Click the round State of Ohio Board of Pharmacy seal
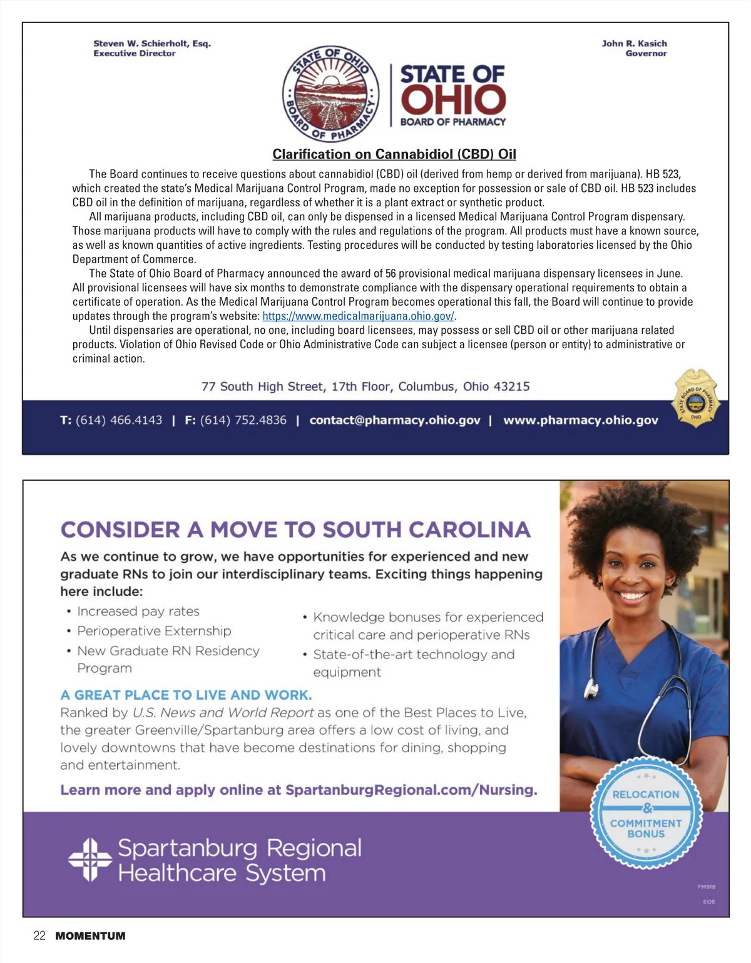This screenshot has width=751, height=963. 330,94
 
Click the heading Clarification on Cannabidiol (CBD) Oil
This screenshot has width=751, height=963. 394,154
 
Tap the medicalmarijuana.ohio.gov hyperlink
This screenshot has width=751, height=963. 358,316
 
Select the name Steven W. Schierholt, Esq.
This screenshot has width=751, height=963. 152,43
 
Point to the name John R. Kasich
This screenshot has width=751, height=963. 634,43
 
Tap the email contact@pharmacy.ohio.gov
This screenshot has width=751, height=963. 395,420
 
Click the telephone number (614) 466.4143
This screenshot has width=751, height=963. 119,420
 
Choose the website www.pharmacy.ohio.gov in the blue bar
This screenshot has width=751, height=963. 581,420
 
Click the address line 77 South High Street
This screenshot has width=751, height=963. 365,386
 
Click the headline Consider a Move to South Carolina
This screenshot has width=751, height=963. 295,530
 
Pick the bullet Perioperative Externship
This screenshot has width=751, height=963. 154,631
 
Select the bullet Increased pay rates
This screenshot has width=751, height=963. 138,611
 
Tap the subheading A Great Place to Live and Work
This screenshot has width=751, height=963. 186,695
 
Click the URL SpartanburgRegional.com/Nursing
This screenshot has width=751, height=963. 411,790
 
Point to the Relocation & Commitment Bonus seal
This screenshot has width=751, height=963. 646,813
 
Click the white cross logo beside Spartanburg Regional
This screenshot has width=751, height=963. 90,860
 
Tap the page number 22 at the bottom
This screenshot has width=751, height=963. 39,935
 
